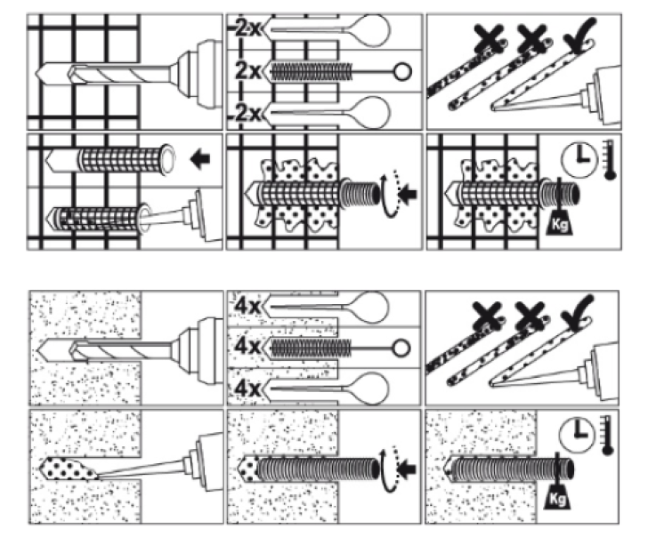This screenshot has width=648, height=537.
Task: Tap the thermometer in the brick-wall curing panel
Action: point(610,160)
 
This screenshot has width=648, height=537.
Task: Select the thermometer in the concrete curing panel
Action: point(610,436)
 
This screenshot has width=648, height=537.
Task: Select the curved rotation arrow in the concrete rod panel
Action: point(384,464)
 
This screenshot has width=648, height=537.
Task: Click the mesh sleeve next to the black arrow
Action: point(120,161)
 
